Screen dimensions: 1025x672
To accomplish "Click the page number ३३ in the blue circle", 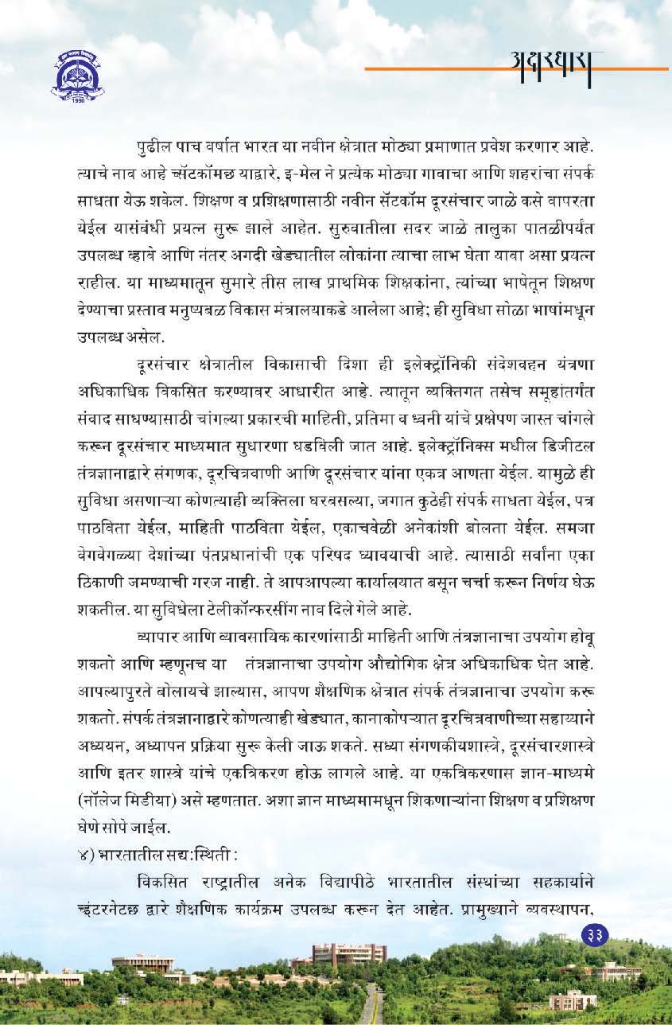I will click(x=594, y=933).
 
